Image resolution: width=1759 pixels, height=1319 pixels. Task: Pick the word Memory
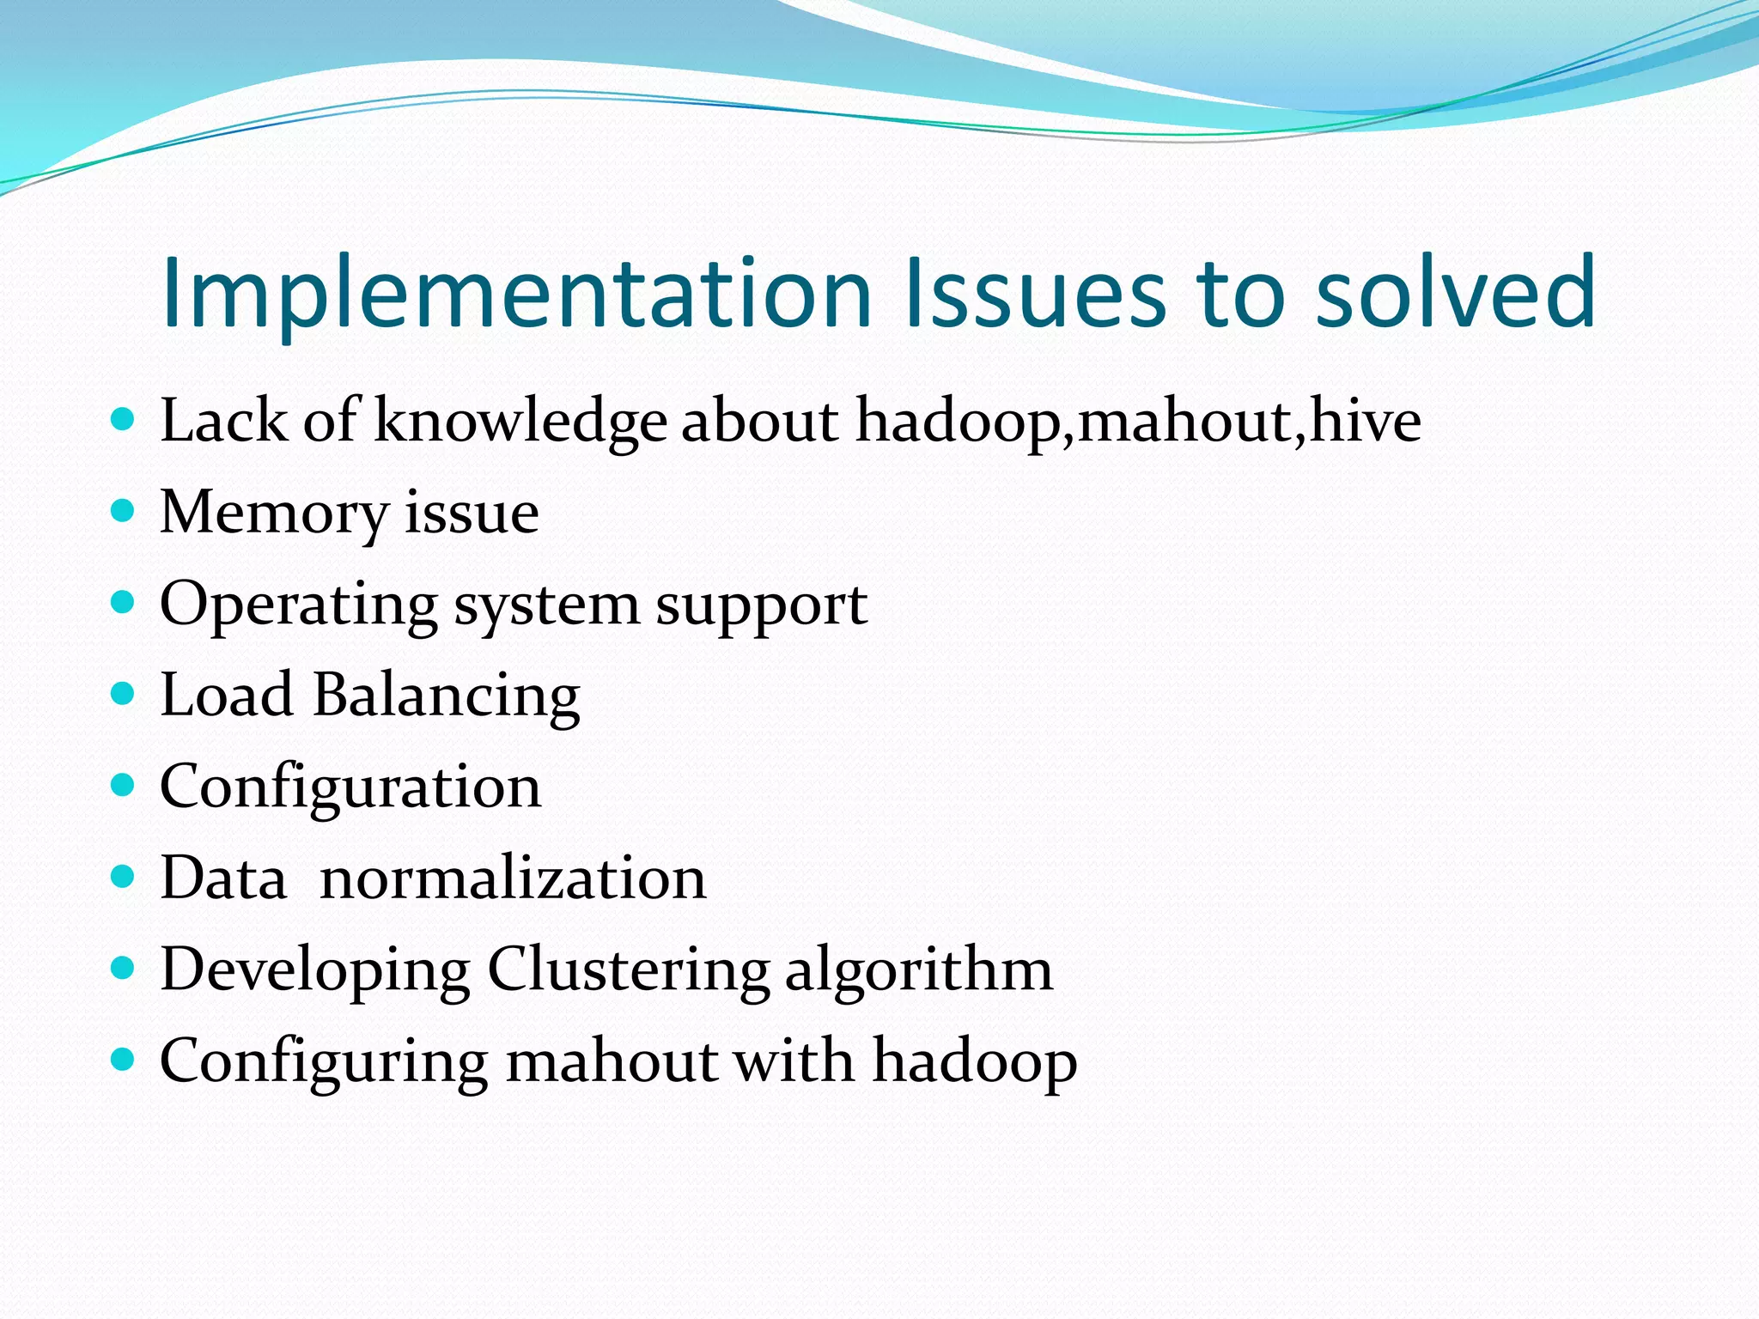(274, 514)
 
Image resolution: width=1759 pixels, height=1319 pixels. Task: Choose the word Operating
(299, 605)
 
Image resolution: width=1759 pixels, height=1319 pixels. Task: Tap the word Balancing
(446, 696)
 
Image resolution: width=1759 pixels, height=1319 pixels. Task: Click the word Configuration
(350, 788)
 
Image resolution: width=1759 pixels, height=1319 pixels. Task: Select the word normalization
(513, 878)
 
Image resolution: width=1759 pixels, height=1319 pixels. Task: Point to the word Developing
(315, 971)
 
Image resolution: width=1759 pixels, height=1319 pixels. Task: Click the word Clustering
(628, 971)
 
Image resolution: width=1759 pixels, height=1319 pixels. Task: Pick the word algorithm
(918, 971)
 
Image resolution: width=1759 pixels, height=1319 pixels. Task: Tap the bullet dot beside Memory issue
(124, 512)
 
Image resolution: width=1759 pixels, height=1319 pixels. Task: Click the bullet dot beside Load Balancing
(124, 694)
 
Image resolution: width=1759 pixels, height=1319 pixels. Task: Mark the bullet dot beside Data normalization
(124, 877)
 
